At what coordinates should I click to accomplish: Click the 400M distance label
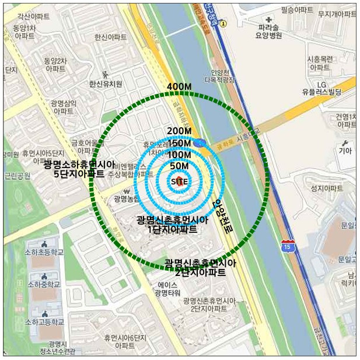coord(179,87)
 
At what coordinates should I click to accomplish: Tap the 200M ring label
coord(179,131)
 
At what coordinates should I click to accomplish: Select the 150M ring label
coord(179,143)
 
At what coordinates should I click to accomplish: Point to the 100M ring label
coord(179,155)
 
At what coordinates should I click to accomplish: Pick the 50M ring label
coord(179,166)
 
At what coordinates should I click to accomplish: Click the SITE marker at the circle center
coord(179,181)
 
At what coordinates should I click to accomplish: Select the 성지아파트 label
coord(327,188)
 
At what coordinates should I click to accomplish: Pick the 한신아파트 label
coord(110,37)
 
